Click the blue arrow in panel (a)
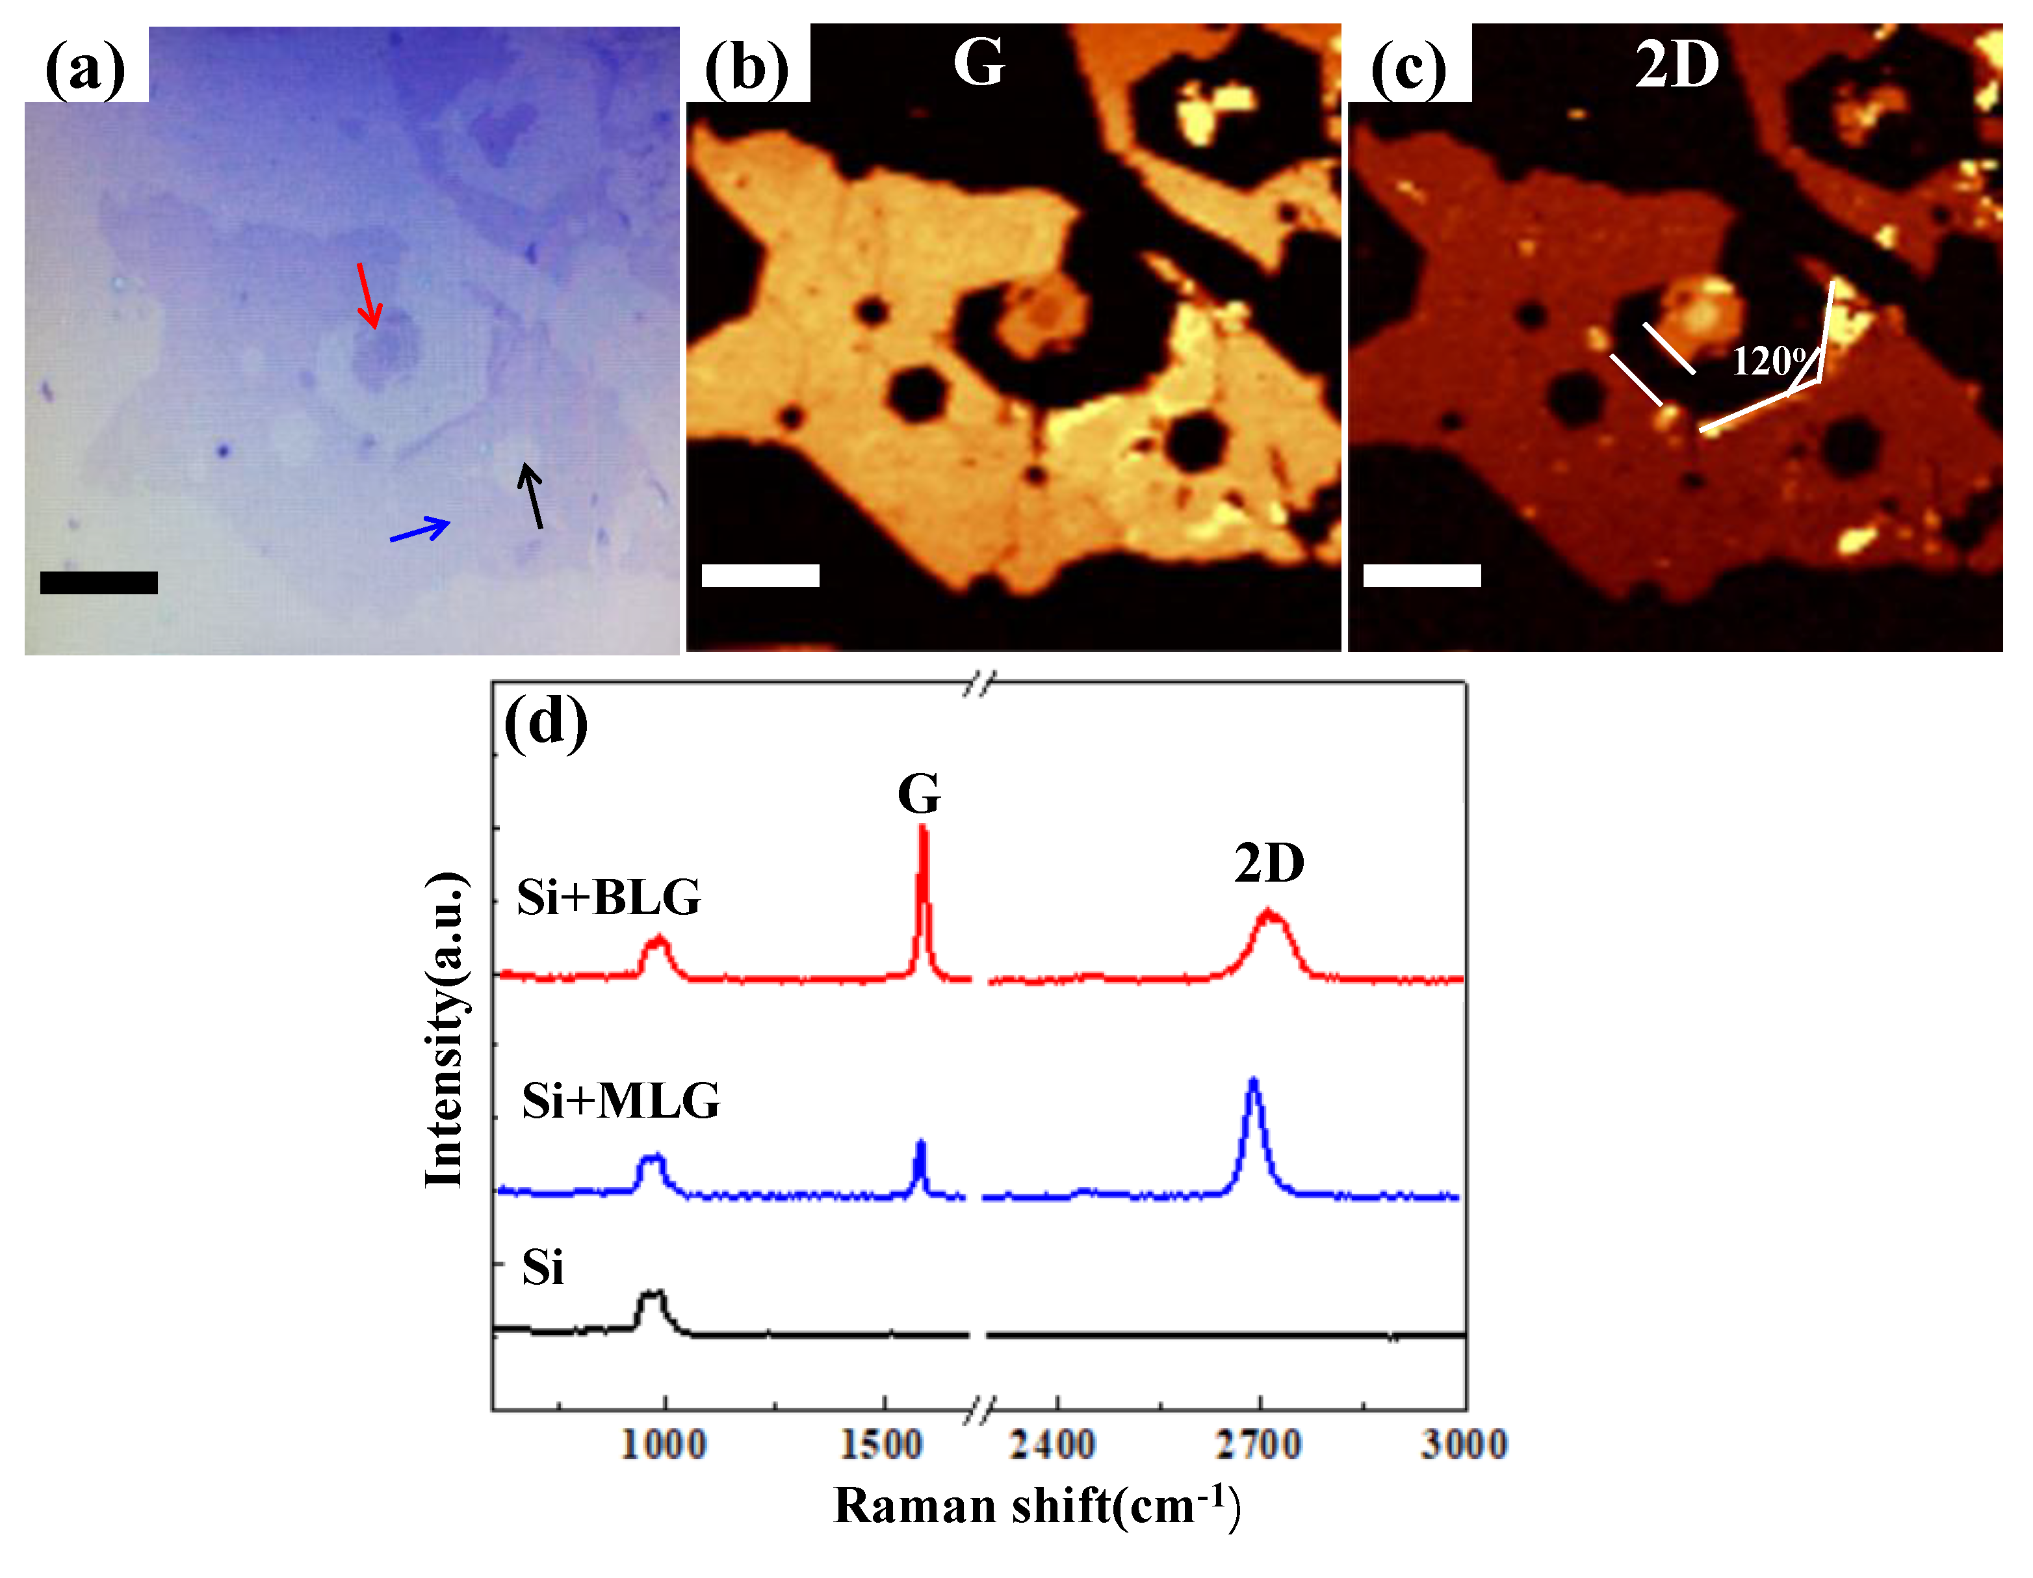point(420,530)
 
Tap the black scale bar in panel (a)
point(99,583)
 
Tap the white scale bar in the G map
point(760,575)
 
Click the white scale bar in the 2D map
point(1421,575)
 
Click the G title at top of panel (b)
point(978,62)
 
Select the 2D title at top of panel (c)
point(1676,65)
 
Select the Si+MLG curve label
point(620,1101)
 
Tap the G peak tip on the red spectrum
point(922,826)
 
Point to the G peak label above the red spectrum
point(919,794)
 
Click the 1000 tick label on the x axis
point(663,1445)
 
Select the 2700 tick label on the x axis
point(1258,1445)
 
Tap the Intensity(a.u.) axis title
point(445,1030)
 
